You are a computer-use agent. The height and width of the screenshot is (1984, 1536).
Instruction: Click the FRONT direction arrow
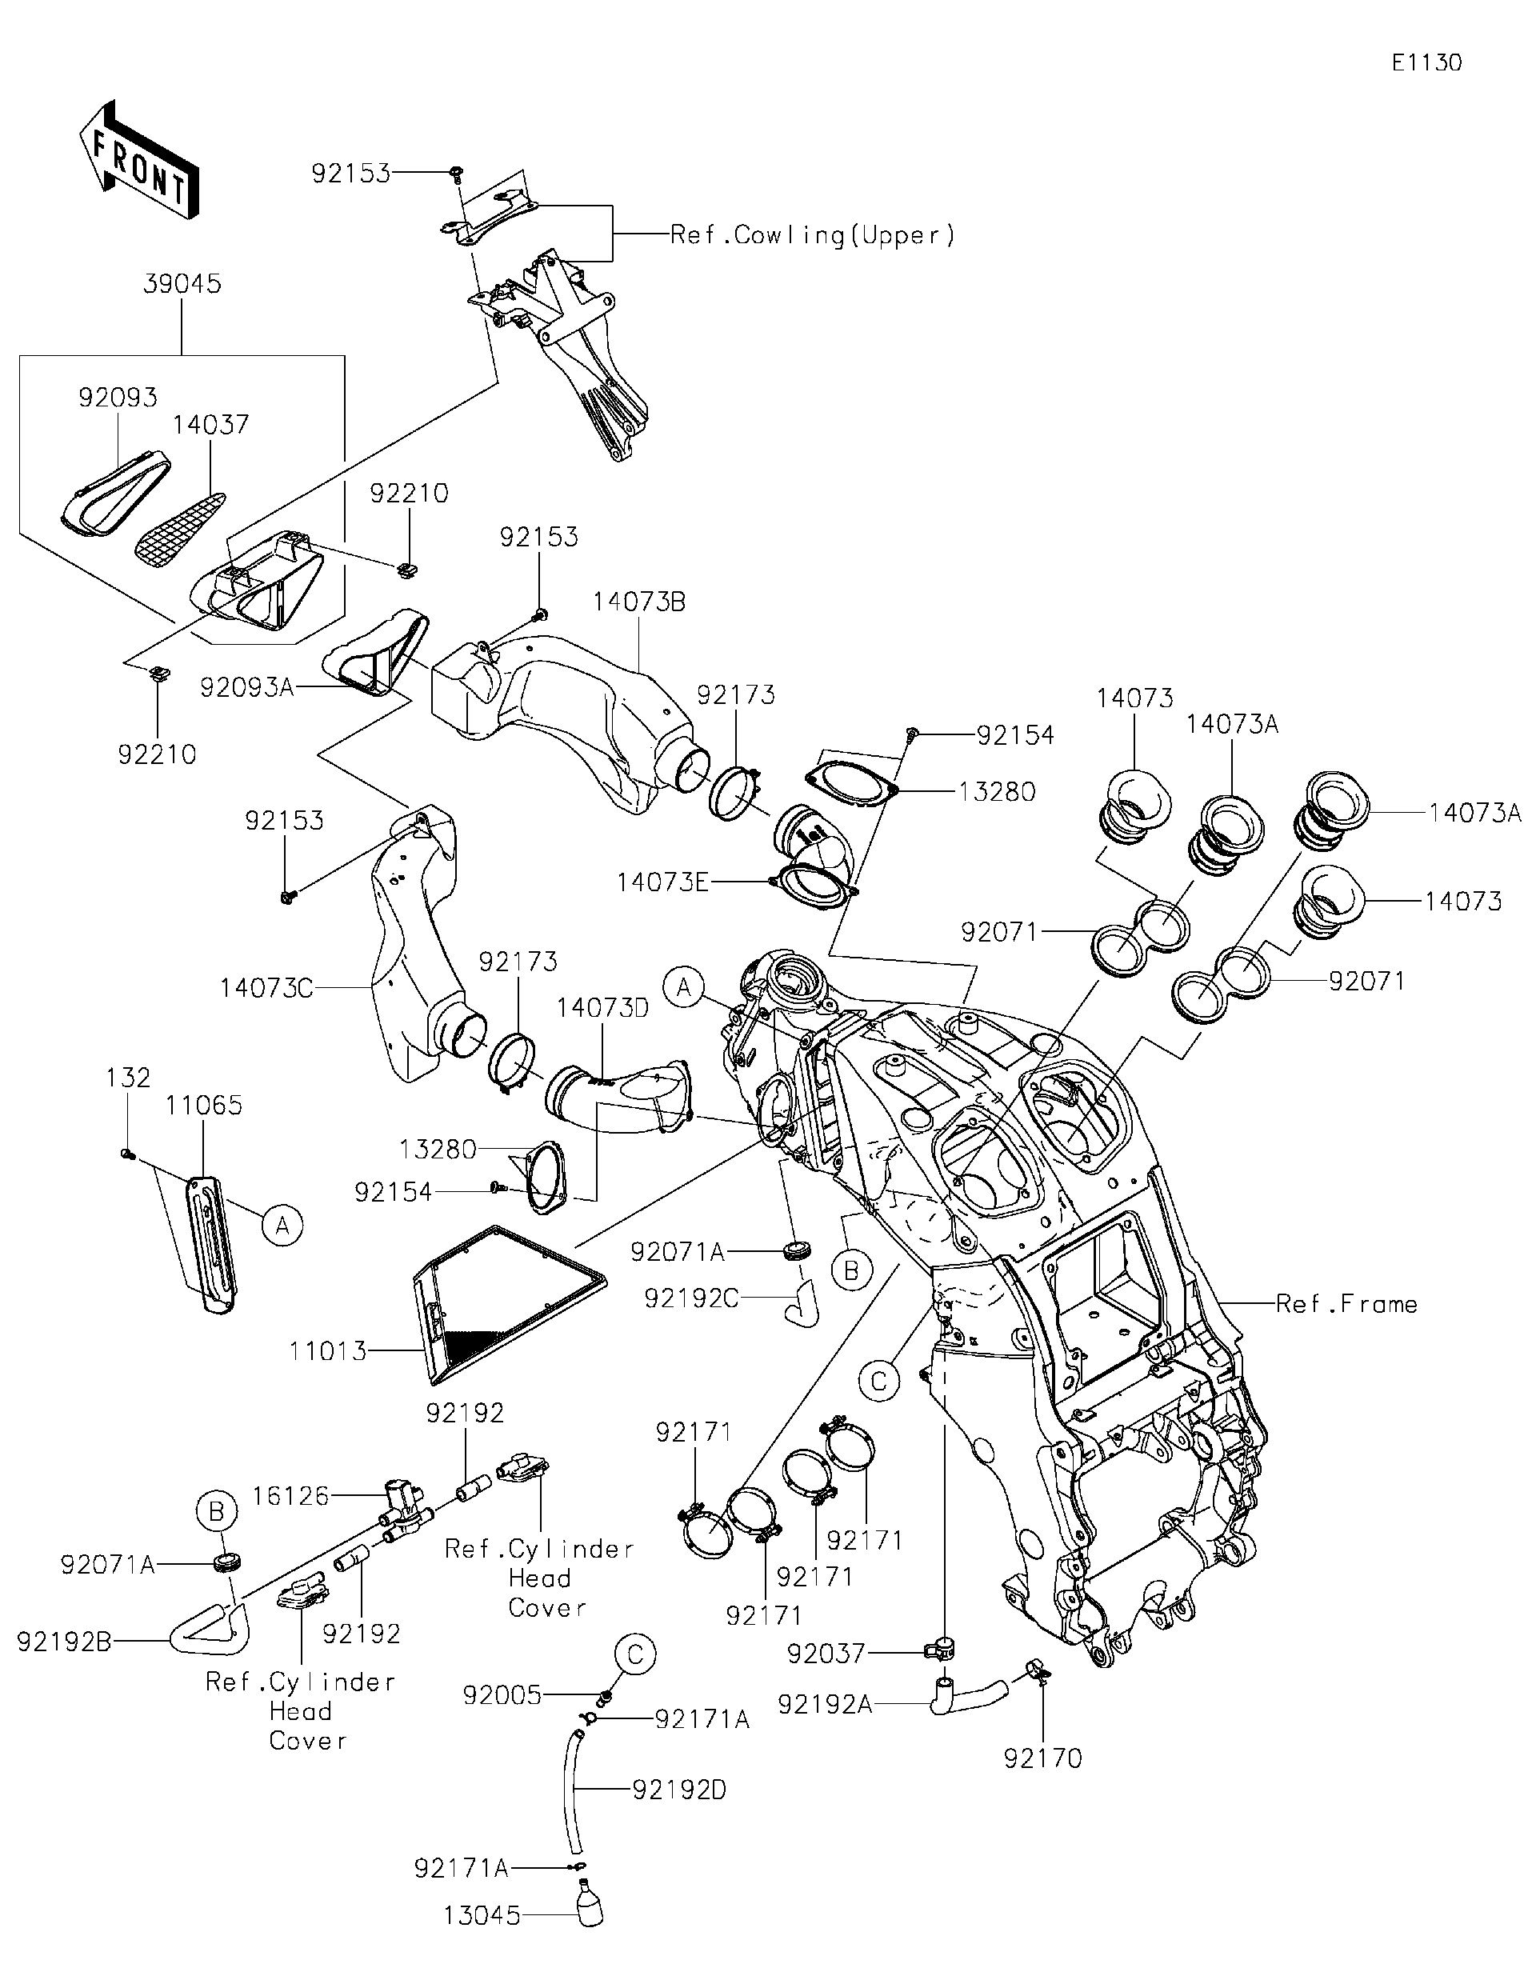139,162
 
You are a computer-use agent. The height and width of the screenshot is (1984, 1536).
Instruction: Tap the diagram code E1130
1426,62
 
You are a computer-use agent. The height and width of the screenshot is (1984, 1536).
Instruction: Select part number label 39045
182,283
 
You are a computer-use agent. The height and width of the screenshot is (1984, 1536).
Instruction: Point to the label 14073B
639,602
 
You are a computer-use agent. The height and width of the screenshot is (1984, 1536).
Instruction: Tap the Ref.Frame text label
1346,1305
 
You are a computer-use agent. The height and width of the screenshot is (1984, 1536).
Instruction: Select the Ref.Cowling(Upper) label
812,235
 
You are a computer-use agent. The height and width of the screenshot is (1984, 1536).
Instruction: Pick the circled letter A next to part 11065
282,1226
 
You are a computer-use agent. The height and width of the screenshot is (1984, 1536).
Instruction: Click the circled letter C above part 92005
634,1654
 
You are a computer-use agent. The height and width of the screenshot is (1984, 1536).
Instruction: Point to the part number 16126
290,1495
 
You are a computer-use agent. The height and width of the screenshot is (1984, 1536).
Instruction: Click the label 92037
826,1654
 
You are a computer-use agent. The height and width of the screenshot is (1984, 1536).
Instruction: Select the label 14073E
662,882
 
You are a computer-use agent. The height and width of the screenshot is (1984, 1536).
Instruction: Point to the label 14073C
266,986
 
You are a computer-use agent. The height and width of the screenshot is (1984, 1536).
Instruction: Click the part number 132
128,1078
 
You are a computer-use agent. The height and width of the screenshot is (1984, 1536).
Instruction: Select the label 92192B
63,1642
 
